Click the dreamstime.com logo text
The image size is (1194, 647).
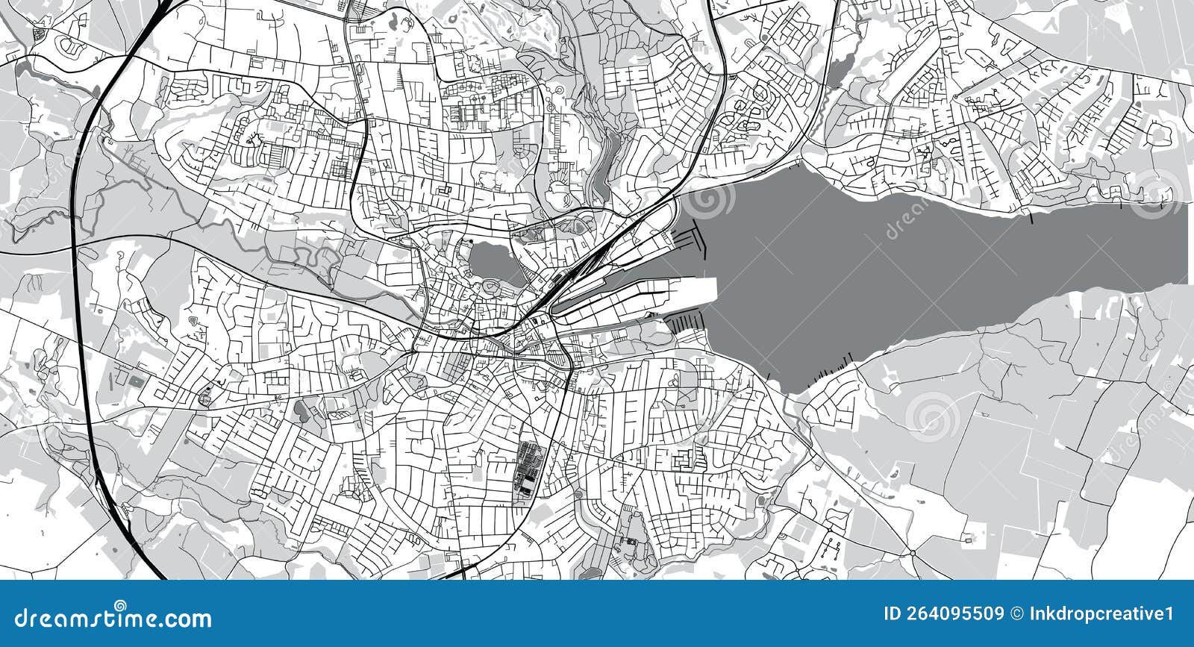click(113, 618)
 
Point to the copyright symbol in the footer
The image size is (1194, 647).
click(1016, 614)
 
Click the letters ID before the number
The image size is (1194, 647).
click(892, 614)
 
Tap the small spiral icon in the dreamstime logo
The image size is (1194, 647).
click(118, 605)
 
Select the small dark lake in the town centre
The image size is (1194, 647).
click(488, 260)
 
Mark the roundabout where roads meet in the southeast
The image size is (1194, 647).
click(912, 553)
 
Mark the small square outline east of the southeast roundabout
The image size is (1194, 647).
click(969, 538)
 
